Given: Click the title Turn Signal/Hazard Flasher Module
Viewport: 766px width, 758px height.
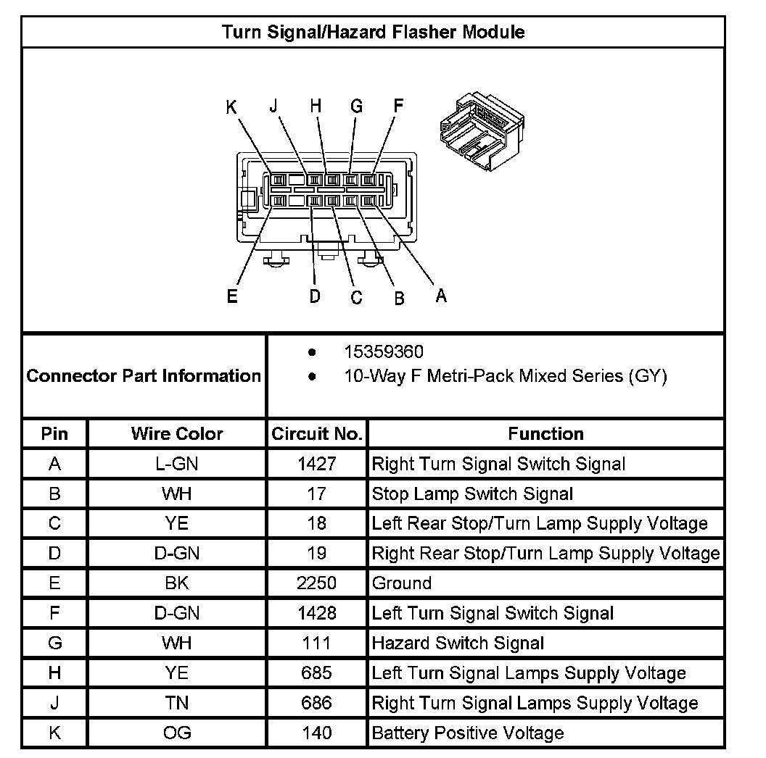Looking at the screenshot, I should (x=373, y=33).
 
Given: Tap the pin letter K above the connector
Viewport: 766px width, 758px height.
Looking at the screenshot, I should (x=231, y=107).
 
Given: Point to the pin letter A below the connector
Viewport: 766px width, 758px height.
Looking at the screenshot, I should (x=440, y=295).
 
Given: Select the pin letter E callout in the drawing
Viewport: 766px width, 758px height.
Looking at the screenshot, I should (x=232, y=296).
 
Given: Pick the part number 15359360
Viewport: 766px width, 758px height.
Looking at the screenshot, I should (x=383, y=352).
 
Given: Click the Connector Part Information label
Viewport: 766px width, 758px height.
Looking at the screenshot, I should (x=144, y=376).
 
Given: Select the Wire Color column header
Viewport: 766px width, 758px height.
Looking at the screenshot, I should (x=177, y=434).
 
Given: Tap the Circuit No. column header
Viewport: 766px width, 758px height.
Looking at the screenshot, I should (x=317, y=434).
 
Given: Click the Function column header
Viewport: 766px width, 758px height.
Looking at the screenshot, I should (x=545, y=434).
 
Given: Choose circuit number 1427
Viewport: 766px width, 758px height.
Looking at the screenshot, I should (x=317, y=464).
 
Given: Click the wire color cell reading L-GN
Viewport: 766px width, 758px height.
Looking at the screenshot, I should (x=177, y=464).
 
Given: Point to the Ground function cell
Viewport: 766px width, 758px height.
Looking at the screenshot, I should (x=401, y=583).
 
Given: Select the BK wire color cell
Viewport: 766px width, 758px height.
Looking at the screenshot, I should (x=177, y=583).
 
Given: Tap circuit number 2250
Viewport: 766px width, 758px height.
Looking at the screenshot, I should (x=317, y=583).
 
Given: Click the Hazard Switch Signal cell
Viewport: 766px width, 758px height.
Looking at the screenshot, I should (x=458, y=644).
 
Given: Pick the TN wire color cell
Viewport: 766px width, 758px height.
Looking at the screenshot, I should (x=177, y=703).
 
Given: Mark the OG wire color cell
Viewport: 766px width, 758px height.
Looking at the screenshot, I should (x=177, y=733).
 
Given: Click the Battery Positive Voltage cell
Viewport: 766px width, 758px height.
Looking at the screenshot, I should (x=467, y=733).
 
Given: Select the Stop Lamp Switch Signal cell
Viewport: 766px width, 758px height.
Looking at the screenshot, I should (x=472, y=494).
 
